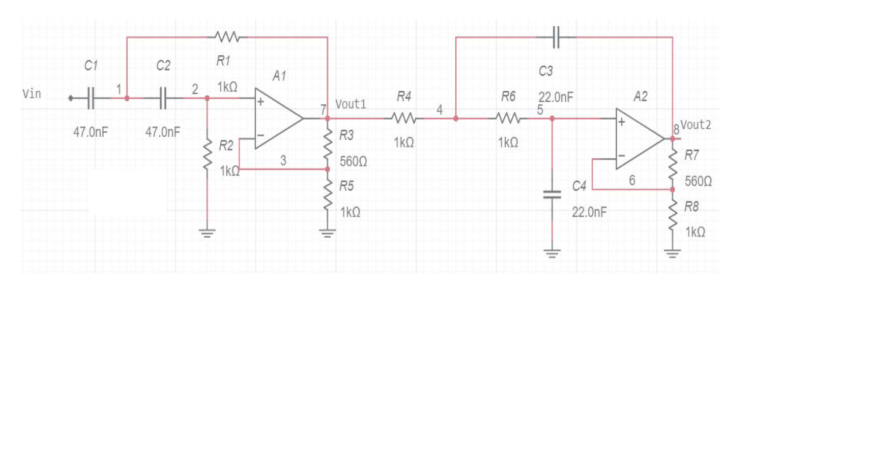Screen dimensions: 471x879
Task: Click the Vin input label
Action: tap(32, 94)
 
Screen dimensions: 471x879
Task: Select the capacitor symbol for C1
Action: tap(91, 98)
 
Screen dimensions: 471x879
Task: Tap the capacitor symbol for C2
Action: tap(163, 98)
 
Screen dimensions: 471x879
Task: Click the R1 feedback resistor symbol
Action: tap(228, 37)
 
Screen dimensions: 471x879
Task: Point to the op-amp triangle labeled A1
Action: tap(278, 119)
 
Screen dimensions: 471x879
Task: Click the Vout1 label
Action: tap(351, 104)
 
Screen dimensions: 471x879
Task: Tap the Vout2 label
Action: tap(696, 125)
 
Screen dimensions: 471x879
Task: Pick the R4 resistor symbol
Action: tap(404, 118)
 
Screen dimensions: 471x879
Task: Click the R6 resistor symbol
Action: tap(508, 118)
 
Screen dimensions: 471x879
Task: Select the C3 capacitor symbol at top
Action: tap(556, 37)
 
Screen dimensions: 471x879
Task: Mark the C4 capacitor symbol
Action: tap(552, 195)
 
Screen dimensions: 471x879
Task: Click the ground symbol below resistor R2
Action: tap(207, 233)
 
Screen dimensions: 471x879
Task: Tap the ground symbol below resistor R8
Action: tap(673, 253)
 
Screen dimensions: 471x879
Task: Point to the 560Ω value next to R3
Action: tap(353, 162)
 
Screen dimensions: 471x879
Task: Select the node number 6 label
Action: tap(632, 180)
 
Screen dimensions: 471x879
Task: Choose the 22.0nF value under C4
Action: tap(589, 212)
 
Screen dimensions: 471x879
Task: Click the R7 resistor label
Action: tap(691, 156)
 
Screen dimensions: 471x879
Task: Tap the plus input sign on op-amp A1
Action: tap(261, 102)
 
